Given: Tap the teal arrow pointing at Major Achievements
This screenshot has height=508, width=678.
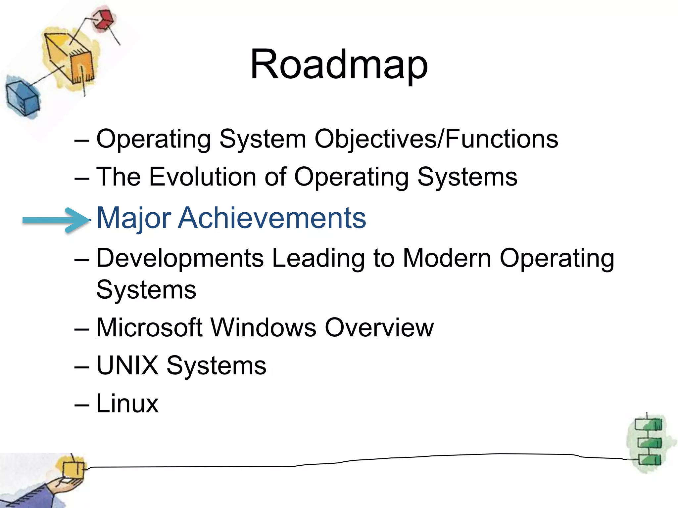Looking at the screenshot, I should [55, 220].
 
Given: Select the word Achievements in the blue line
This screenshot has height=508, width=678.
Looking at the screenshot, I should [272, 218].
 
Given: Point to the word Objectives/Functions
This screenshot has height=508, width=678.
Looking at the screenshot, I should [436, 139].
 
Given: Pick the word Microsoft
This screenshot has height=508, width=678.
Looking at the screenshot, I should [149, 327].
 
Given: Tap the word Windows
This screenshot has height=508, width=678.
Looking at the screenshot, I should [263, 327].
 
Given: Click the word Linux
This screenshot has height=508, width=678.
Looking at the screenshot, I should [127, 403].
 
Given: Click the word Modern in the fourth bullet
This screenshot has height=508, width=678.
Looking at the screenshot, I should [447, 258].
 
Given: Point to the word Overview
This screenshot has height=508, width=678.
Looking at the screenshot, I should [379, 327].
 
